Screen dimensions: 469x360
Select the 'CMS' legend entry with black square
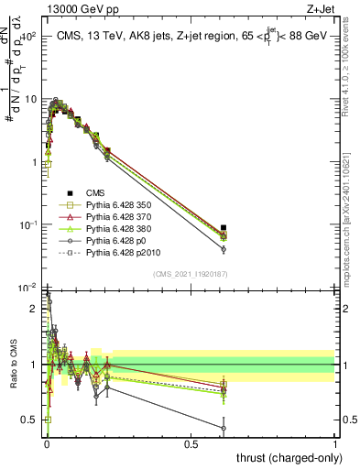click(95, 194)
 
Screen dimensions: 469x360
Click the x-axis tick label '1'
click(334, 443)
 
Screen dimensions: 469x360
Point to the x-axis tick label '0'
click(47, 443)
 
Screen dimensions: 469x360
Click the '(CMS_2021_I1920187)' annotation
click(190, 272)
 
